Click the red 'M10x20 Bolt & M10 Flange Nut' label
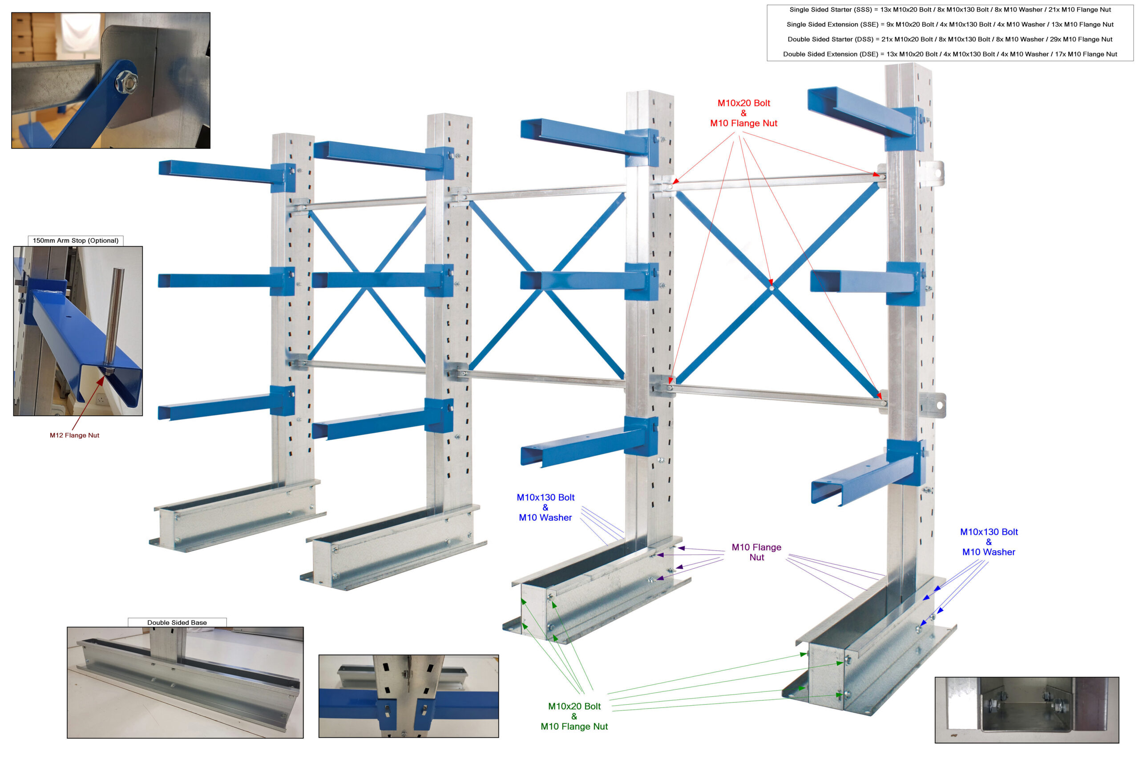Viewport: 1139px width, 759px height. pos(743,113)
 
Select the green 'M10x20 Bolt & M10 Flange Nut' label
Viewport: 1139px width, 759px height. pos(574,716)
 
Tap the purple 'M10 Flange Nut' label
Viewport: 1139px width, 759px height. pos(756,552)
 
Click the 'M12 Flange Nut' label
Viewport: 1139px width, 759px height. pos(75,435)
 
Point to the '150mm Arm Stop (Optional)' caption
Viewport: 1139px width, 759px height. pos(76,241)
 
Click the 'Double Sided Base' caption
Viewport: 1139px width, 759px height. pos(177,622)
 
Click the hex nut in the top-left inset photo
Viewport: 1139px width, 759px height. pos(125,82)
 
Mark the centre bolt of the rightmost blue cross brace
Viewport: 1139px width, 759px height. pos(771,289)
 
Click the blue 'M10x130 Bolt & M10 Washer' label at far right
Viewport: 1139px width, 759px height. pos(988,542)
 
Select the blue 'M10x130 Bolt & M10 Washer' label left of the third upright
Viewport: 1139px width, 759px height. pos(545,507)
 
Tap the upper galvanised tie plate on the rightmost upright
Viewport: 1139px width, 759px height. pos(932,173)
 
